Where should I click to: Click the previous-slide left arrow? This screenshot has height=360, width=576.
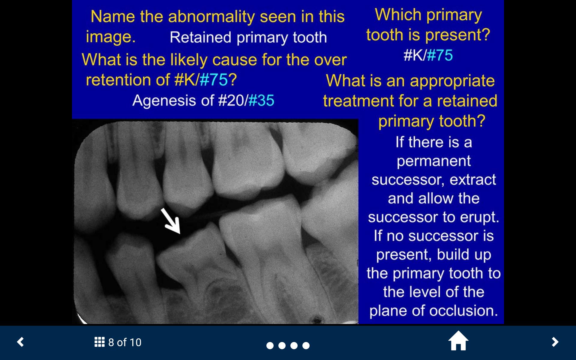[x=20, y=342]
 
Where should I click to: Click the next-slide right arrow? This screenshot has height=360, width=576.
[x=555, y=342]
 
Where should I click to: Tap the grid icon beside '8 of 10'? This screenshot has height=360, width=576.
[x=100, y=342]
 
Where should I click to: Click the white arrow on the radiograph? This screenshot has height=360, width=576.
[x=170, y=221]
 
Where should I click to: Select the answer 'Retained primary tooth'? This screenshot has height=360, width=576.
[x=248, y=37]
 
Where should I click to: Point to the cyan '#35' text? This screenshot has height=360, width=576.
[x=261, y=100]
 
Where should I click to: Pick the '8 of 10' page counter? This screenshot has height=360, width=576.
[x=125, y=342]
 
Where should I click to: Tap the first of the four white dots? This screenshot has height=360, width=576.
[x=270, y=346]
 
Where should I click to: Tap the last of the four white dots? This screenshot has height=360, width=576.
[x=306, y=346]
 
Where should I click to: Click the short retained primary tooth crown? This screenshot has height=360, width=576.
[x=192, y=249]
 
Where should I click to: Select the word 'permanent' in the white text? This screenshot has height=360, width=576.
[x=433, y=161]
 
